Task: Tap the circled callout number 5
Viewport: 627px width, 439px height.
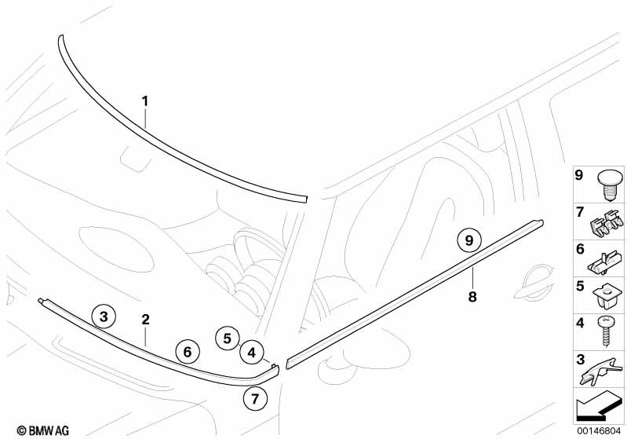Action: point(228,338)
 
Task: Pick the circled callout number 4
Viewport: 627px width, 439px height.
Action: point(251,353)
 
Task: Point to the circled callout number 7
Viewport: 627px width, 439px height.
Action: point(253,398)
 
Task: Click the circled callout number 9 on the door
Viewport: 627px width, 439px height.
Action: point(468,240)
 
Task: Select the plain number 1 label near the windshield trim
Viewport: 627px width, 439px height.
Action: point(145,101)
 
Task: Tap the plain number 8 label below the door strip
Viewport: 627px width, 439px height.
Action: point(473,297)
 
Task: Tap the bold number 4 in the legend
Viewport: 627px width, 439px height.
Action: point(579,322)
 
